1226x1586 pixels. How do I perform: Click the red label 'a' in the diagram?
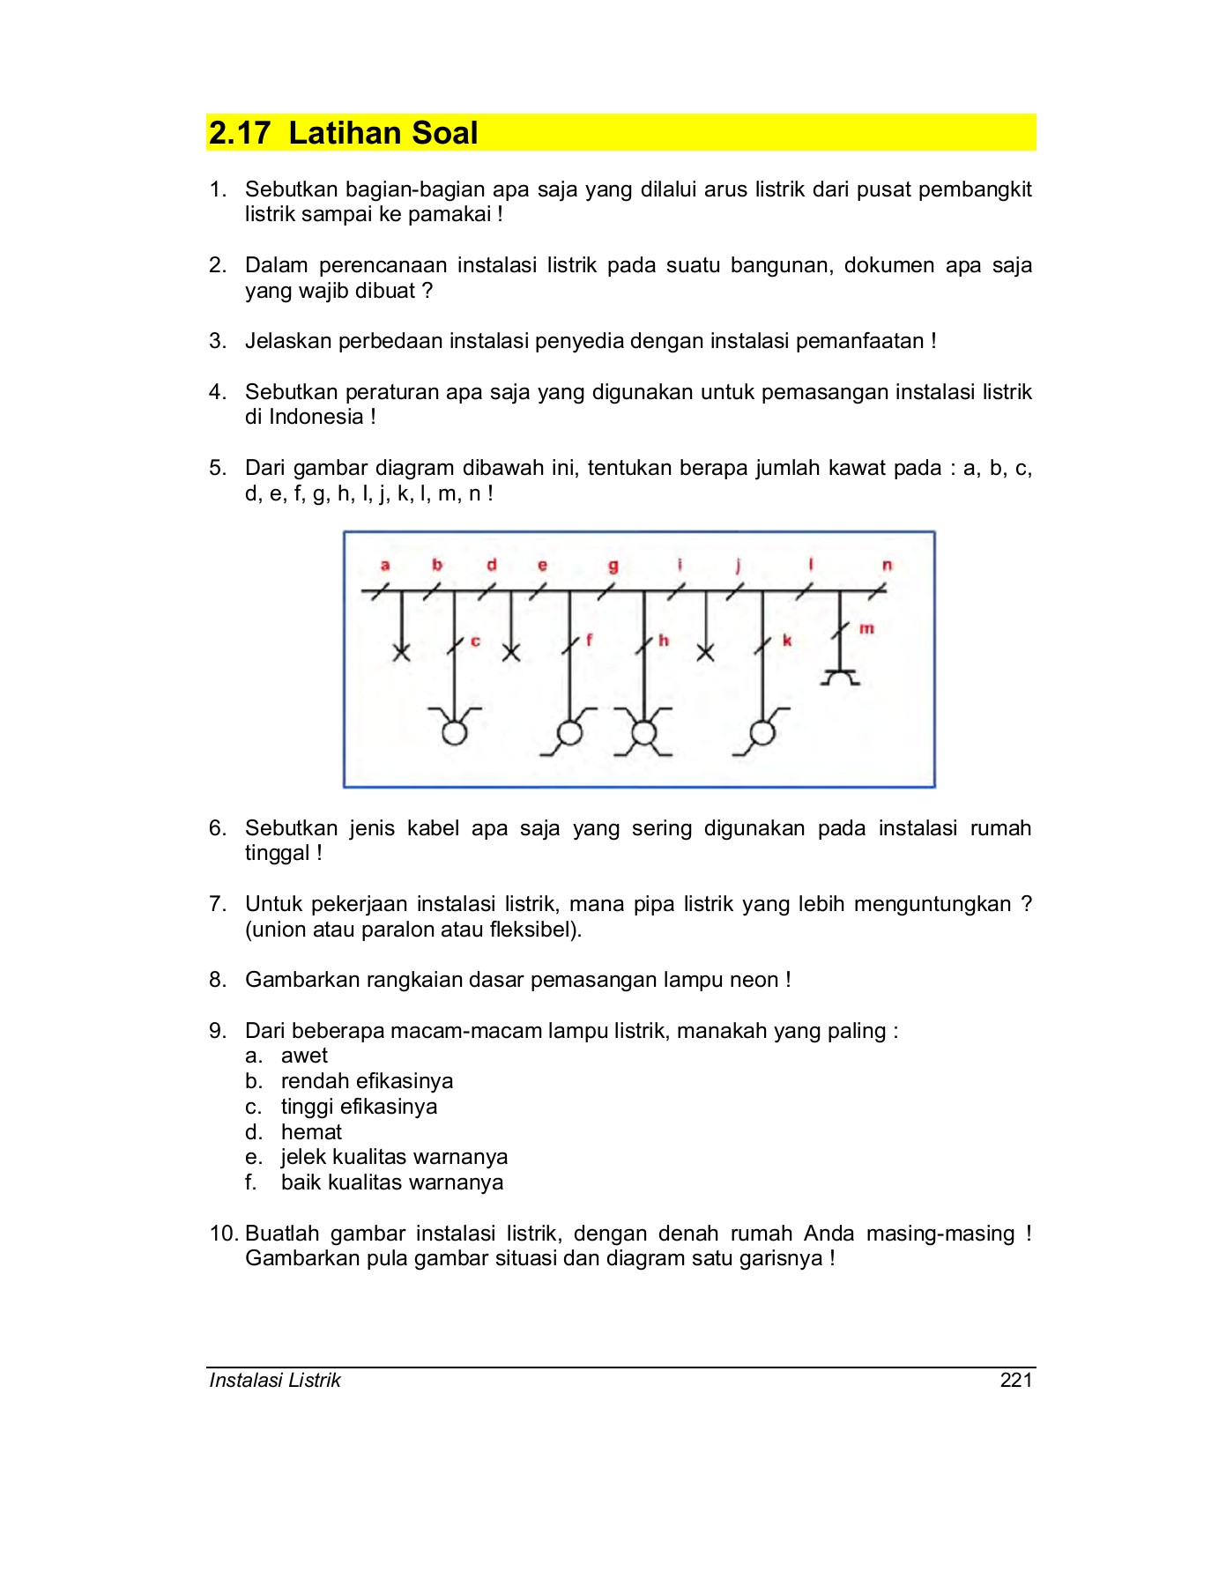(385, 565)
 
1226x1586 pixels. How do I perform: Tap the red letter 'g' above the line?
(613, 566)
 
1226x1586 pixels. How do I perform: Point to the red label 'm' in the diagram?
(866, 628)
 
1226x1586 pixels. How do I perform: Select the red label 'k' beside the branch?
(787, 641)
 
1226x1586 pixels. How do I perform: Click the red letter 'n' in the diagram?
(887, 565)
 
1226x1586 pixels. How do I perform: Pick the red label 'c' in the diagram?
(475, 641)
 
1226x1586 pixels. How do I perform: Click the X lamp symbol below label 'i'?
(705, 653)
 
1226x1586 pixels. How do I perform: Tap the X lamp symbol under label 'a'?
(402, 653)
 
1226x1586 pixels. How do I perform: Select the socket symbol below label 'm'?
(840, 677)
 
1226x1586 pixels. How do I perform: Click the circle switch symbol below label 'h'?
(644, 733)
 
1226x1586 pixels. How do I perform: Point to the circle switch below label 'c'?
(455, 732)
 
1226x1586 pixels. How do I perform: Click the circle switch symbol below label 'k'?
(762, 733)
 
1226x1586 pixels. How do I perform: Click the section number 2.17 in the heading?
(239, 133)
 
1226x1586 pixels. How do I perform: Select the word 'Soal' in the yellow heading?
(444, 133)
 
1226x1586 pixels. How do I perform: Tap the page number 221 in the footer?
(1016, 1380)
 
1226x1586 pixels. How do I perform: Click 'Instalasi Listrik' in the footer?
(275, 1380)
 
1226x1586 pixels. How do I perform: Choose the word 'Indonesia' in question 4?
(316, 417)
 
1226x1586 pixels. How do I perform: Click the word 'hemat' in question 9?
(311, 1131)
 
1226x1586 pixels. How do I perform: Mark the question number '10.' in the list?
(224, 1233)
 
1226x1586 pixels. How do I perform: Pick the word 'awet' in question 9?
(304, 1056)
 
